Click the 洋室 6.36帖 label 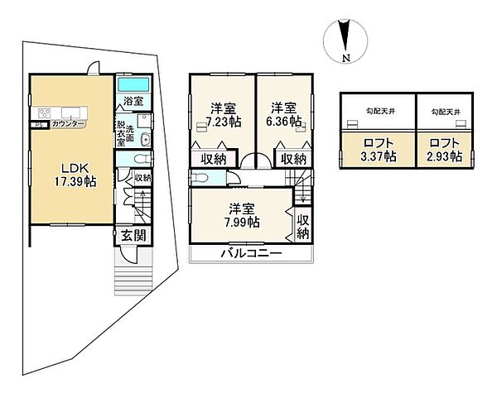coord(283,114)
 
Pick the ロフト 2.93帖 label coord(443,149)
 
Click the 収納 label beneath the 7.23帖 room coord(213,159)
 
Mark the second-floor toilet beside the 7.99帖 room coord(198,178)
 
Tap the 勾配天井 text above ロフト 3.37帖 coord(379,111)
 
